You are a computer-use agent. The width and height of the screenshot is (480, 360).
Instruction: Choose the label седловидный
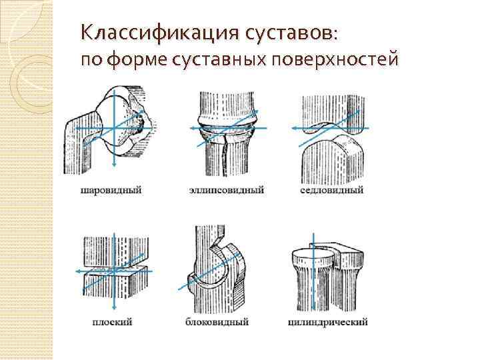tap(331, 190)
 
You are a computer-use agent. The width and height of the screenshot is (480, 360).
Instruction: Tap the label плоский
tap(111, 322)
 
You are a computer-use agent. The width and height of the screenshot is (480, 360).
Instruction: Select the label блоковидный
tap(218, 322)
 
